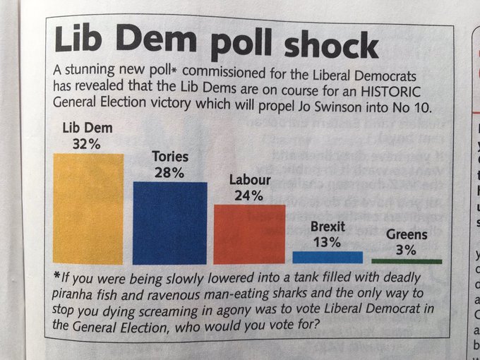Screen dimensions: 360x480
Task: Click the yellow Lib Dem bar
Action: pos(88,209)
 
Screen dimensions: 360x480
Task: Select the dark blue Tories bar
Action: pos(170,222)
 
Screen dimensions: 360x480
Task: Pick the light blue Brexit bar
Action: pos(328,257)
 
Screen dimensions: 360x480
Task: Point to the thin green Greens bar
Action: pos(406,260)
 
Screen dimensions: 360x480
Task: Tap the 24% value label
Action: pos(248,196)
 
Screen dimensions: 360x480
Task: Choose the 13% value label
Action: pos(326,242)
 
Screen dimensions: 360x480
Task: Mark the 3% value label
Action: pos(406,250)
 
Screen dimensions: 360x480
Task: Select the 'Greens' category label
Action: pos(407,234)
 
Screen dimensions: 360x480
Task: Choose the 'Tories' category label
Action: pos(170,156)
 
